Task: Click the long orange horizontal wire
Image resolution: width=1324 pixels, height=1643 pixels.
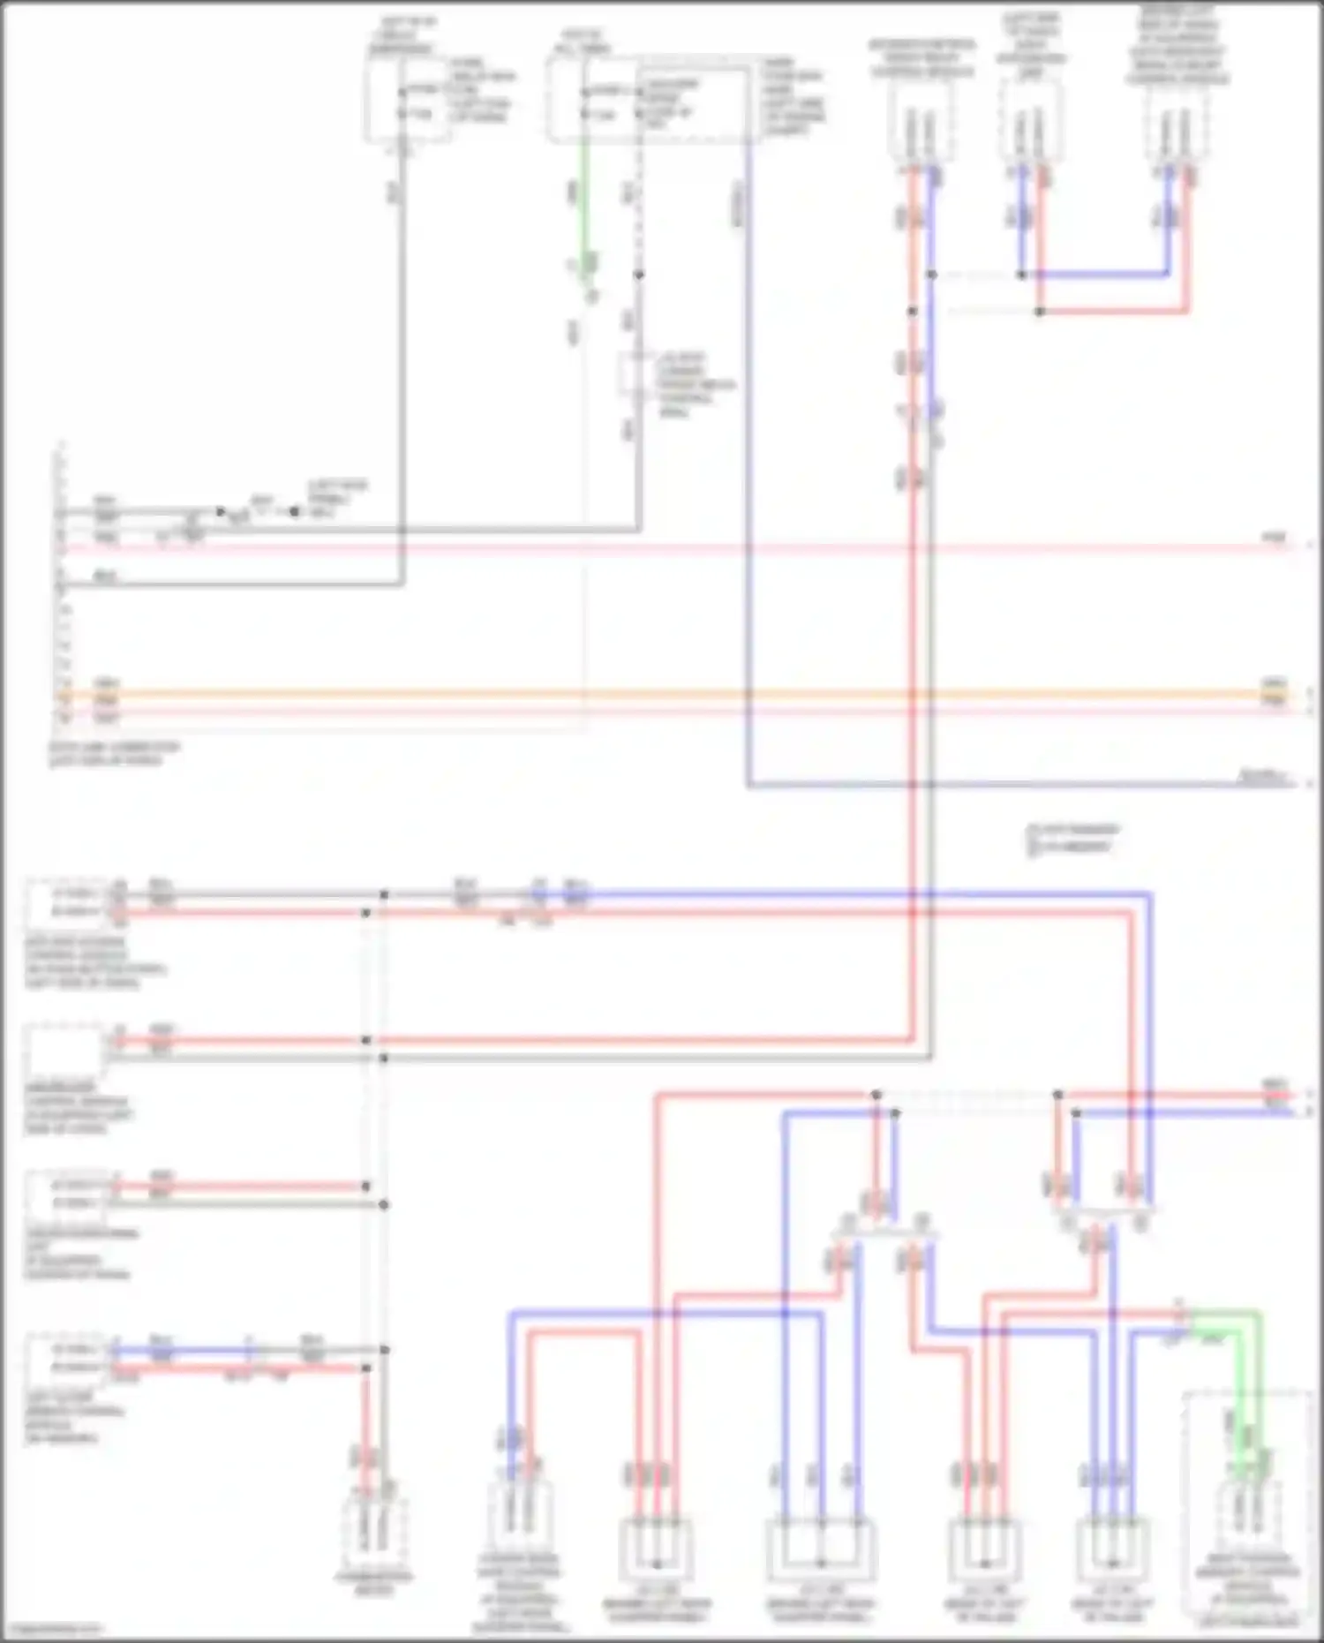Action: click(671, 695)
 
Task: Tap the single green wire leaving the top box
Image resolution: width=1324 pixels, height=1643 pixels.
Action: click(583, 203)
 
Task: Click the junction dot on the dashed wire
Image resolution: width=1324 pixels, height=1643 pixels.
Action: click(639, 275)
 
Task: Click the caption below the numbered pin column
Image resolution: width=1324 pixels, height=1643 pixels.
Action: click(115, 753)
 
